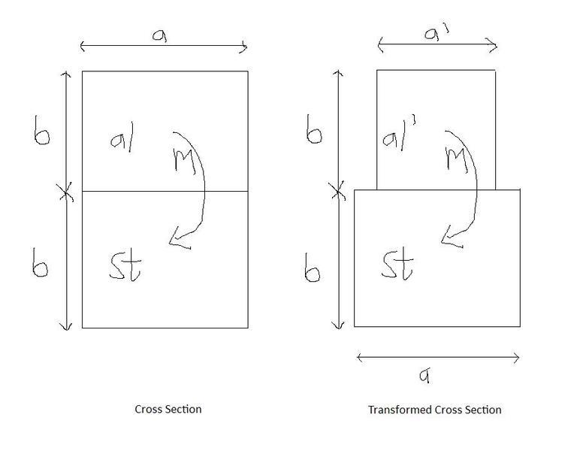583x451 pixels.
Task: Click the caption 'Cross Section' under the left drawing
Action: (168, 410)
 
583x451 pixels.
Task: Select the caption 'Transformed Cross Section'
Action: (435, 410)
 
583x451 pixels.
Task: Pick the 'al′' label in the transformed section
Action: (399, 136)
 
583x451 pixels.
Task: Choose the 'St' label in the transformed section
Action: (397, 265)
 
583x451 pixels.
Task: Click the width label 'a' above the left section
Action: (160, 35)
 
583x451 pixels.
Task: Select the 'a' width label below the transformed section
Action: (425, 375)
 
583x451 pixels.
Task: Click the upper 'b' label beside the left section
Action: (41, 130)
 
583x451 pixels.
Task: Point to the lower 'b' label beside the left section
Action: (40, 263)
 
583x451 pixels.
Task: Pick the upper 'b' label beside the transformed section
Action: (314, 129)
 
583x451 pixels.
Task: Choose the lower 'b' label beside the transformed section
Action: (313, 268)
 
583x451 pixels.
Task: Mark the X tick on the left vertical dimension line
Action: (67, 192)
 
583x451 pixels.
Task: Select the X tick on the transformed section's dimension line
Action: (338, 192)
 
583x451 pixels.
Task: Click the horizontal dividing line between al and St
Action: (165, 191)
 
